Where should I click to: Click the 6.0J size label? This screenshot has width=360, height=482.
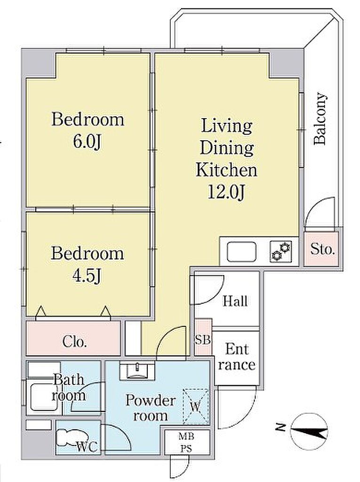88,142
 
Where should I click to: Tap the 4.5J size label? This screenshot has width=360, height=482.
87,276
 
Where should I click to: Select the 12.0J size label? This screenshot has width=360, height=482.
226,193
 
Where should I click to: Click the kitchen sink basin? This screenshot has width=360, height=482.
241,252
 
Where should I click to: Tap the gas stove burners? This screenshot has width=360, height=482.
280,252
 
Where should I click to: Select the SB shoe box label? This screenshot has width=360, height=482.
203,340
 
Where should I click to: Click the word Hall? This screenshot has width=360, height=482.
235,301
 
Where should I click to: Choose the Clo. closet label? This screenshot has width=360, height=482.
74,342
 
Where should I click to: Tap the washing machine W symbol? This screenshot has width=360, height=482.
195,407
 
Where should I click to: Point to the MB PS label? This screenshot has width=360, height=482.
186,442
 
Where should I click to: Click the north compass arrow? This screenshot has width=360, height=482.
309,431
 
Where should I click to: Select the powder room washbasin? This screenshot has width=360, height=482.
137,370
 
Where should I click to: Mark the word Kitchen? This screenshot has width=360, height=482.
226,170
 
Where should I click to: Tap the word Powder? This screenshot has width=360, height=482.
151,401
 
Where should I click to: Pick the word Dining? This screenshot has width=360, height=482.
226,148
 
